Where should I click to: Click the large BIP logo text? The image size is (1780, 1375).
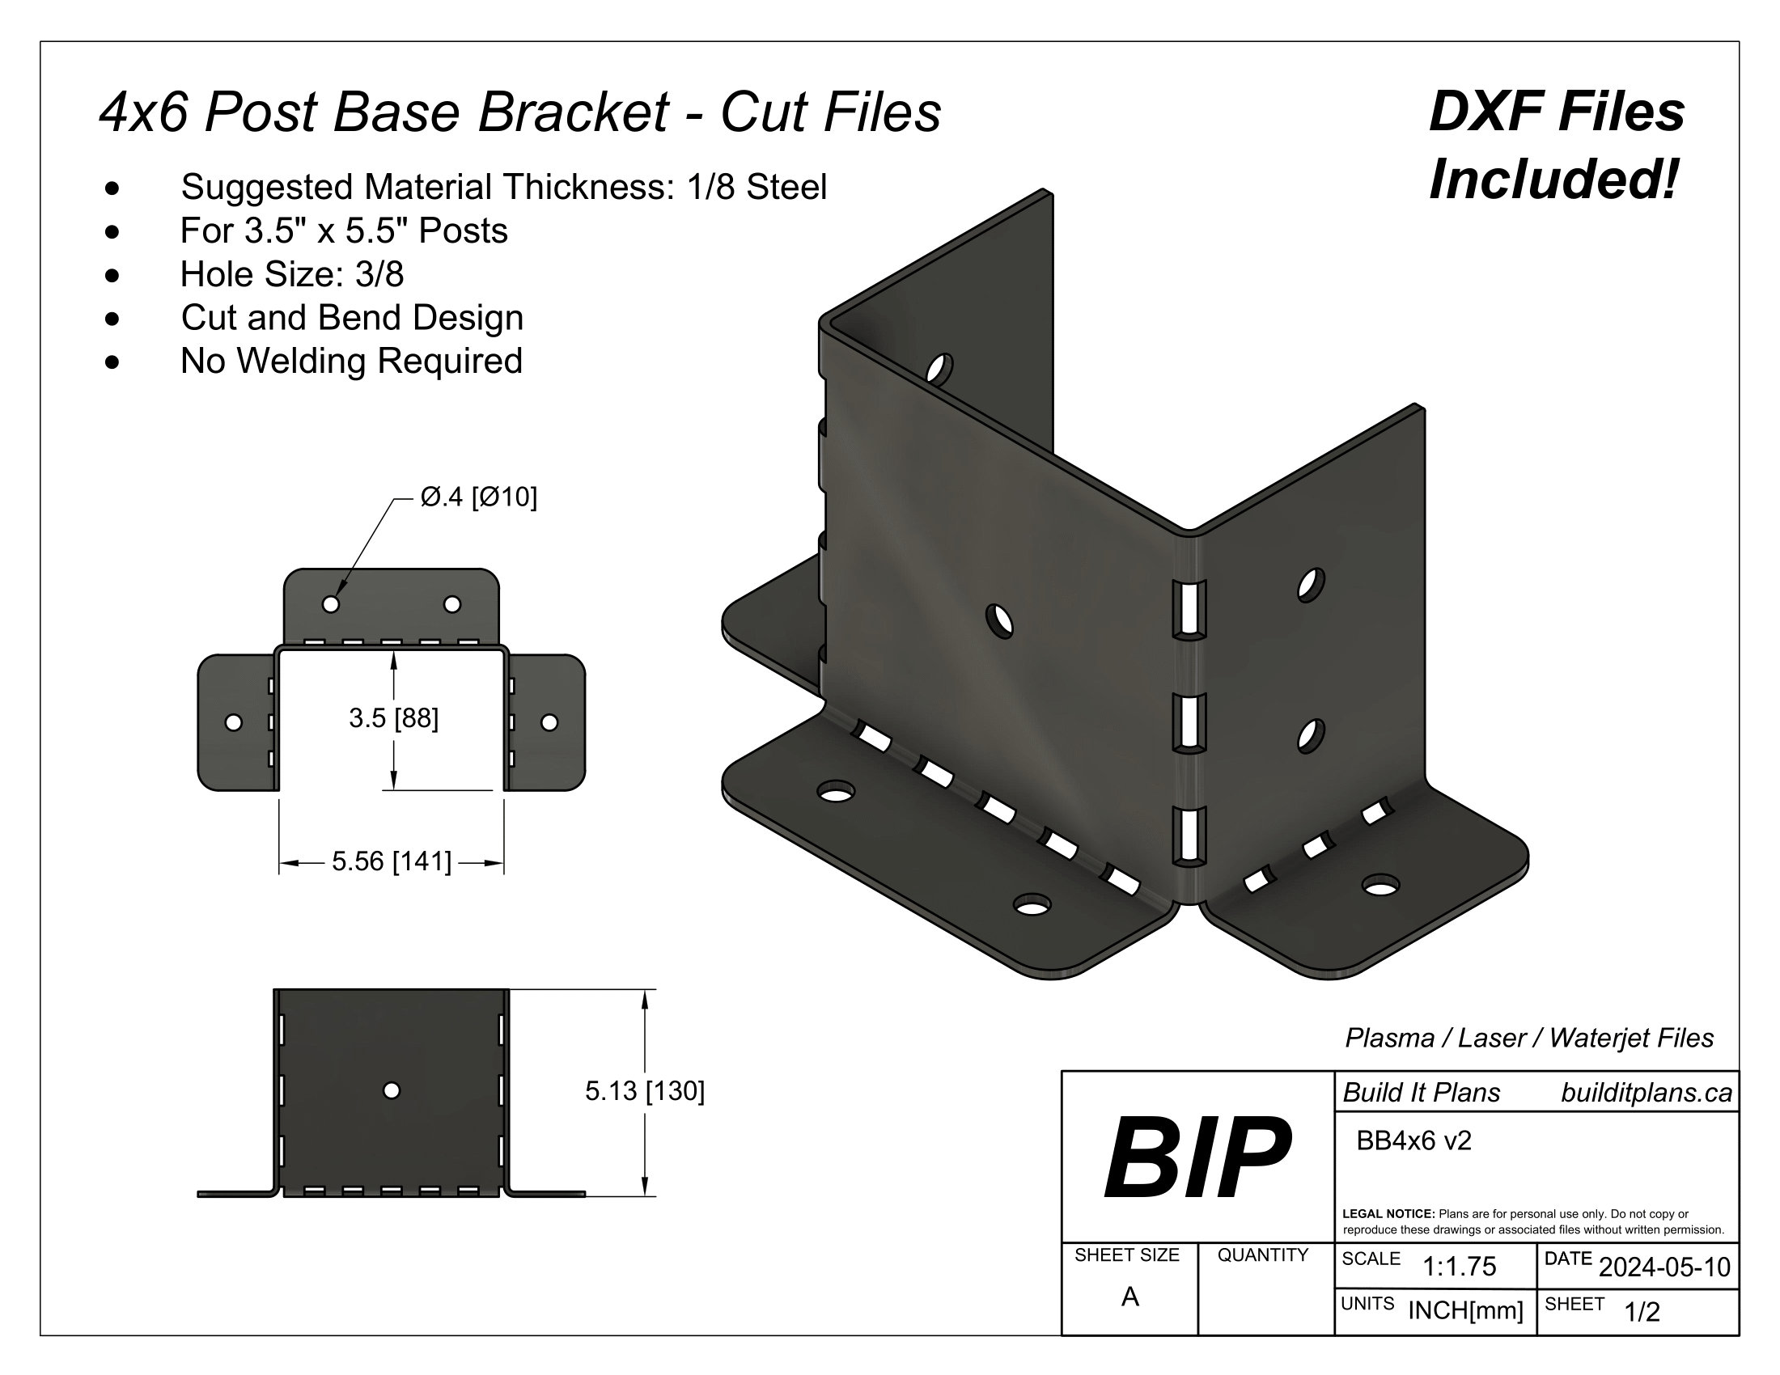click(1197, 1157)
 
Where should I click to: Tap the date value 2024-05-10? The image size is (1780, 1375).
click(1664, 1267)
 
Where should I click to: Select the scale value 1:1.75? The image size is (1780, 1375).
click(1459, 1267)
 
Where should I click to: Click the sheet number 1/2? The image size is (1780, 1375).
click(1642, 1312)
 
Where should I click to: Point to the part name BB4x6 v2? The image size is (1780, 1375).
click(1413, 1141)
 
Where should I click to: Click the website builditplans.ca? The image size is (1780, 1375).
click(1646, 1094)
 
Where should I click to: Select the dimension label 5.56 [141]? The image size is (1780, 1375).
click(392, 862)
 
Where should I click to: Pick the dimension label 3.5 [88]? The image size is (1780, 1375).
click(394, 718)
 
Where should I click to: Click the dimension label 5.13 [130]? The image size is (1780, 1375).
click(645, 1091)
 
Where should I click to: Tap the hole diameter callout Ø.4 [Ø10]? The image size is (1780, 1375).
click(478, 497)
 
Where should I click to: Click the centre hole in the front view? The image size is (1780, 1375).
click(392, 1091)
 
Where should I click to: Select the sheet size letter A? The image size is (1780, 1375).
click(1129, 1297)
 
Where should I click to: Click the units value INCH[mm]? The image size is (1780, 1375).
click(1465, 1310)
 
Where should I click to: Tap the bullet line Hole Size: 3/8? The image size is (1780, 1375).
click(292, 274)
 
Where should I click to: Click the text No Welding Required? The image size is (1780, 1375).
click(351, 361)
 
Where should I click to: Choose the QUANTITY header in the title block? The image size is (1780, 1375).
click(1262, 1255)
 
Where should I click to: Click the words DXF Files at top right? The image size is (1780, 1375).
click(1556, 112)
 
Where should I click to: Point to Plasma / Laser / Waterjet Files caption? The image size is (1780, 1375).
click(1529, 1039)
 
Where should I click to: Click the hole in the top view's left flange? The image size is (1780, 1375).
click(233, 722)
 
